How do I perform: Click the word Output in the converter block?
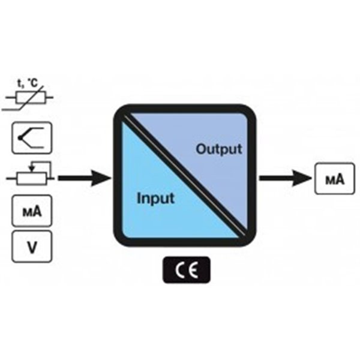[219, 148]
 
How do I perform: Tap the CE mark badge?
[186, 270]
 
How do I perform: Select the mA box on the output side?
[332, 178]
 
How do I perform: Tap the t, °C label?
[33, 82]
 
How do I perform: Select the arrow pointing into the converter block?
[84, 178]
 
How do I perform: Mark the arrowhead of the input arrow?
[104, 178]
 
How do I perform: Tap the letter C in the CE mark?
[179, 270]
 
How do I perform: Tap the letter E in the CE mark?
[193, 270]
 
